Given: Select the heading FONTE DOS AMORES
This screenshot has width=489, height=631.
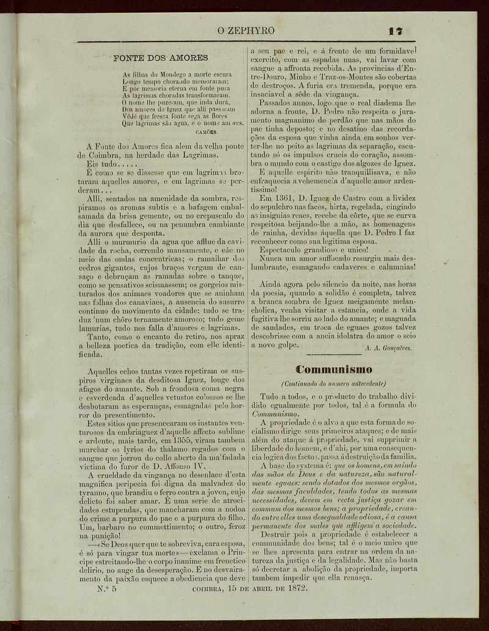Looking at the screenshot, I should click(161, 59).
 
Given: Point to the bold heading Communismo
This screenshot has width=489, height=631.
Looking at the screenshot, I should click(334, 369).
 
